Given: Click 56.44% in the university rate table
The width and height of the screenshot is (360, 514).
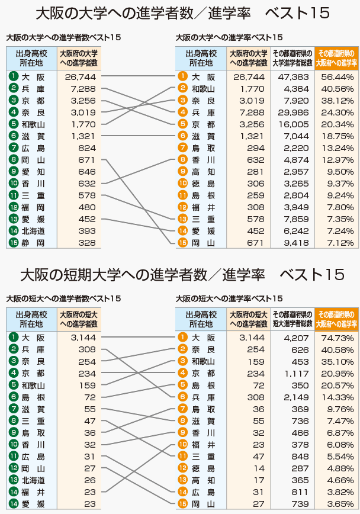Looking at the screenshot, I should point(337,77).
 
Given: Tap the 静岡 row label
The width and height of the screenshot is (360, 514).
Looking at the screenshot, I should point(33,243).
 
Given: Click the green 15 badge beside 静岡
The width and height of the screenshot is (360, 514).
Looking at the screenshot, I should point(13,243).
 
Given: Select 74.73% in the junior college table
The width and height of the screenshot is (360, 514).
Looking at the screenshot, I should point(337,338).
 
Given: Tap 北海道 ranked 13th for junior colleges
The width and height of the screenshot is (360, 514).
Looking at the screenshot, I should point(33,480).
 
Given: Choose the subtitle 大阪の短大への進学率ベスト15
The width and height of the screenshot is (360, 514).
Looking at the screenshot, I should point(229,298).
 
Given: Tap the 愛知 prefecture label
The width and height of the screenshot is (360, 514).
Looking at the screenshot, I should point(33,172).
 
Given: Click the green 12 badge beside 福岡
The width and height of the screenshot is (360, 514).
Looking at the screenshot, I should point(13,207).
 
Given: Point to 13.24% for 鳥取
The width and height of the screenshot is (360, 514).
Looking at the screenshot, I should point(337,148).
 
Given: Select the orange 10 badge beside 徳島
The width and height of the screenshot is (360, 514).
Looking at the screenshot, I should point(183,184).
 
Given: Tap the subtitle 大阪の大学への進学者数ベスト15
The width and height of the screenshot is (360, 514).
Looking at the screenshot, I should point(63,37).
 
